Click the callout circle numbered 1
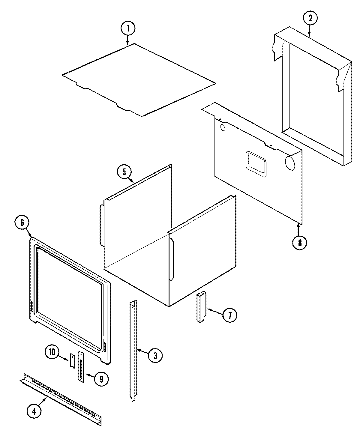click(128, 29)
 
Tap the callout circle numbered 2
click(310, 19)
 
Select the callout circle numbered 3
click(155, 356)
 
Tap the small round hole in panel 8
click(223, 128)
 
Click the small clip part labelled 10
click(72, 360)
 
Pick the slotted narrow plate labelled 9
click(81, 366)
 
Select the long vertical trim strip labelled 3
click(133, 351)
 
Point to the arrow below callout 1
click(128, 40)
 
